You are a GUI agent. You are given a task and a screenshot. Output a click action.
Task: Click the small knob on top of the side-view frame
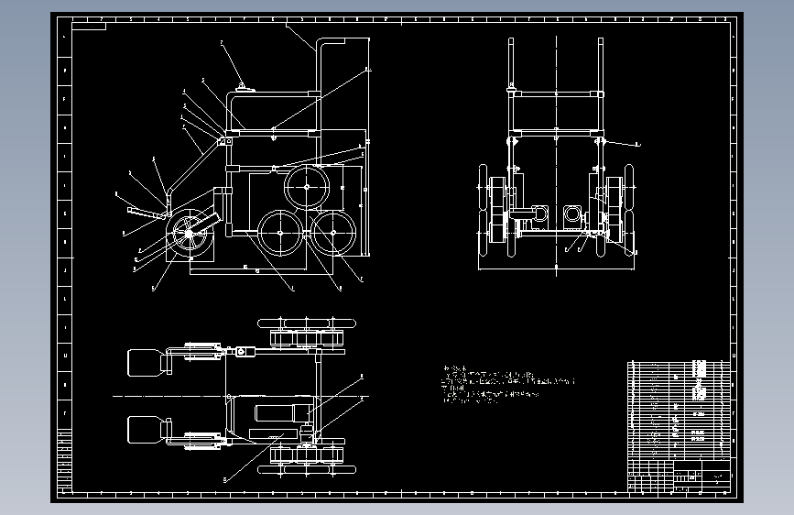[x=243, y=87]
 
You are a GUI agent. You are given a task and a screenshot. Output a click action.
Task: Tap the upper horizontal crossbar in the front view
[x=556, y=93]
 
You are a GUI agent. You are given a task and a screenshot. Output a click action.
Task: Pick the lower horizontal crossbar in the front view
[x=556, y=135]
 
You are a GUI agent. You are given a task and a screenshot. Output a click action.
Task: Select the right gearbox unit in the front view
[x=573, y=216]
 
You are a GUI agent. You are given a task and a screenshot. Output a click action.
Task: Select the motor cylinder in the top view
[x=275, y=413]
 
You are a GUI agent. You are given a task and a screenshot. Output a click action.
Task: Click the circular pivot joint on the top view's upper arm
[x=242, y=352]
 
